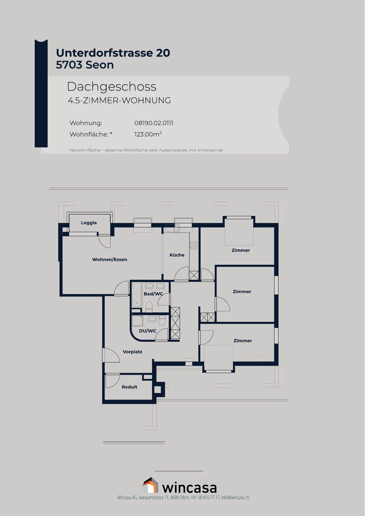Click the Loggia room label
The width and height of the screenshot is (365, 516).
(89, 223)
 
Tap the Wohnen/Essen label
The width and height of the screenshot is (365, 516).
(110, 259)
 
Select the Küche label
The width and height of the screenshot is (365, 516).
(177, 255)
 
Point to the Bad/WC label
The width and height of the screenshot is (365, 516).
(153, 294)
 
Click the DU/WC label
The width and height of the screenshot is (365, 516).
(148, 331)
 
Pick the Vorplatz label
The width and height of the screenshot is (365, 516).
(132, 352)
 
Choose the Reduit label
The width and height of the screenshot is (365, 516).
(129, 387)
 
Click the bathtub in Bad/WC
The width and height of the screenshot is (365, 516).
(137, 295)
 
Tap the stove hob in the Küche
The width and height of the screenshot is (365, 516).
(194, 245)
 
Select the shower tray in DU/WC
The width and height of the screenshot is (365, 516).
(137, 321)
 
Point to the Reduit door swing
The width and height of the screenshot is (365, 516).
(112, 381)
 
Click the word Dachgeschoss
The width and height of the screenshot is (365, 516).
(111, 86)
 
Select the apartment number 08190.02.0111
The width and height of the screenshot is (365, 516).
(154, 123)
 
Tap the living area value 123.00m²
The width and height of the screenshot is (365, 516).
(148, 134)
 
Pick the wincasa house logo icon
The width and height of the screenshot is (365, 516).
(151, 485)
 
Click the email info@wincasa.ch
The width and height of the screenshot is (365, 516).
(235, 497)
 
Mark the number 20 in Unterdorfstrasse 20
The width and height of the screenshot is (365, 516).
(163, 53)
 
